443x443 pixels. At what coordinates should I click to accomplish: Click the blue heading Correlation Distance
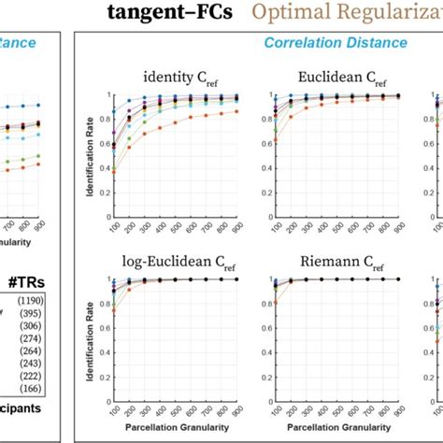pyautogui.click(x=335, y=43)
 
